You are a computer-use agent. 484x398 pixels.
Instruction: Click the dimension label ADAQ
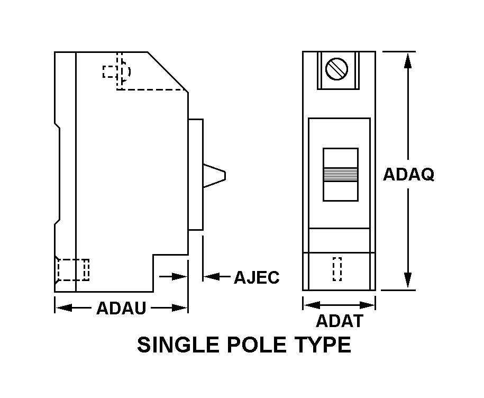tap(408, 175)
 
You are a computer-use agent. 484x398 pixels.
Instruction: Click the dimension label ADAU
tap(121, 308)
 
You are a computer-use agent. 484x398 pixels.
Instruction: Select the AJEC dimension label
tap(257, 277)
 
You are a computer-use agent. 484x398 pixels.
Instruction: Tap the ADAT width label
tap(340, 321)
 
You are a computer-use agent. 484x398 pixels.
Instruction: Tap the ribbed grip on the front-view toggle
tap(340, 174)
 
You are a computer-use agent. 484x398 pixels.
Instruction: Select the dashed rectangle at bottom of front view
tap(337, 268)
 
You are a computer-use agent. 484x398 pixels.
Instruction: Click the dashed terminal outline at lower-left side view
tap(72, 269)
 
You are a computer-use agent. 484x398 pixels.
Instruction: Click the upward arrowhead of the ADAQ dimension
tap(408, 60)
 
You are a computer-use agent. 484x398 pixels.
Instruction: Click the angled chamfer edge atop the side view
tap(168, 71)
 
